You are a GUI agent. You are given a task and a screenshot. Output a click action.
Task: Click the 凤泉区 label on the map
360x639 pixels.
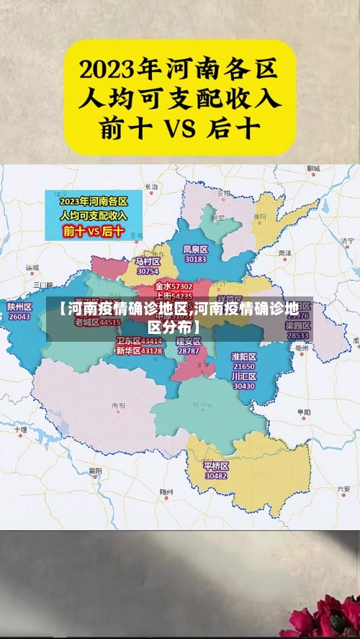click(195, 249)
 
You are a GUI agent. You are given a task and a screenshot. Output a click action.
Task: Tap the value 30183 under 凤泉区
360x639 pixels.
click(195, 259)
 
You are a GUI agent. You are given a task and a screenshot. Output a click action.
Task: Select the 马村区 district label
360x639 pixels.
click(148, 261)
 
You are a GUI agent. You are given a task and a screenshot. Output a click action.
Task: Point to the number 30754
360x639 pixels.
click(148, 271)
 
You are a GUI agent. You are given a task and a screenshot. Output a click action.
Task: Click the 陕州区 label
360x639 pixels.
click(19, 307)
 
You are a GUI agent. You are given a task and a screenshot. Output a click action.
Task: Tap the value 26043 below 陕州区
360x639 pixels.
click(19, 317)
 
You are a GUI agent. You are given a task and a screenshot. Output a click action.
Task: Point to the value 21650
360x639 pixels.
click(244, 367)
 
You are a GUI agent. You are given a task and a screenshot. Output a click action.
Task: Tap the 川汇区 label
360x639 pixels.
click(244, 376)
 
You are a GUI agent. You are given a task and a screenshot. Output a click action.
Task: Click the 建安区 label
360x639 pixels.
click(189, 341)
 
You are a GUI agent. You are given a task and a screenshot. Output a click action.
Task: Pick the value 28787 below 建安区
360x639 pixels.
click(189, 350)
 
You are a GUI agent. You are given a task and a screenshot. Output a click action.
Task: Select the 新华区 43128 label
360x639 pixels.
click(139, 350)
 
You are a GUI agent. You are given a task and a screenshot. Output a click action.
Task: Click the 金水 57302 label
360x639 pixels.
click(174, 286)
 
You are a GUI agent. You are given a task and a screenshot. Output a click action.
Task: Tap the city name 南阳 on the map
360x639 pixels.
click(119, 406)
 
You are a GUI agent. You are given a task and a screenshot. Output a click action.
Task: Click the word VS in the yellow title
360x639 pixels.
click(181, 129)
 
